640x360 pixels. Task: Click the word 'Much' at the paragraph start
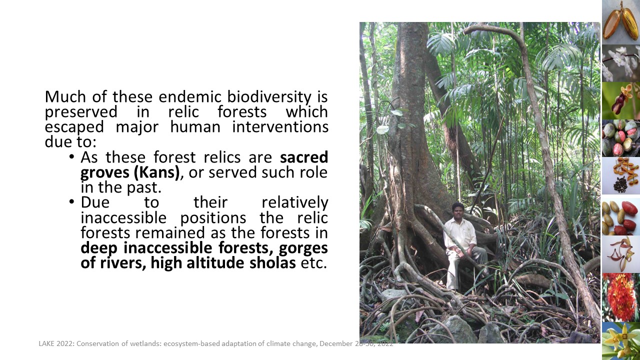coord(65,96)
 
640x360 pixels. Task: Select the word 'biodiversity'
coord(269,97)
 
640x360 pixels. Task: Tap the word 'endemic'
coord(189,96)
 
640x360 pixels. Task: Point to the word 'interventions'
coord(280,126)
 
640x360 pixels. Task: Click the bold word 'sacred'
coord(303,157)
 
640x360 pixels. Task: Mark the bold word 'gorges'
coord(303,248)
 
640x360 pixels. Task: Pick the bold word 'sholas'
coord(272,263)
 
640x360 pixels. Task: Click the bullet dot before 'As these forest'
coord(71,157)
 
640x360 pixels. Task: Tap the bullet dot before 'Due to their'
coord(71,202)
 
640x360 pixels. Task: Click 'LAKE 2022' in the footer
coord(56,343)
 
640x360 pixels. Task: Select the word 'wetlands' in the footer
coord(145,343)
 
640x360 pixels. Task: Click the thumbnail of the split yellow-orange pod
coord(621,22)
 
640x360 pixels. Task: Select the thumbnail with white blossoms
coord(621,63)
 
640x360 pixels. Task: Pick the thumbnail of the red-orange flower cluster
coord(621,297)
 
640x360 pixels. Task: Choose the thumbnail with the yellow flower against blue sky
coord(621,341)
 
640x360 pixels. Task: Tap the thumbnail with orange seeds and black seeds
coord(621,176)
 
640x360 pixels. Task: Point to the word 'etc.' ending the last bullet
coord(313,263)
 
